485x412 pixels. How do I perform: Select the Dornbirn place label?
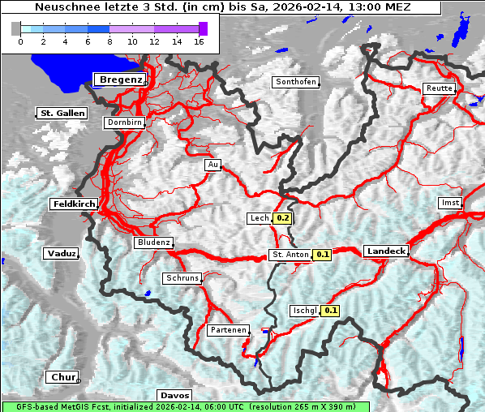[125, 123]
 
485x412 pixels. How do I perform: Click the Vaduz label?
[61, 254]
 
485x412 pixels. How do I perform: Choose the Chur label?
[62, 377]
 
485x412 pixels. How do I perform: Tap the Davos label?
[174, 395]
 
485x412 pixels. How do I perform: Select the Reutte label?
[439, 88]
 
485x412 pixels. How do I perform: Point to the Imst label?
[449, 202]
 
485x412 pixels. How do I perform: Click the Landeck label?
[385, 251]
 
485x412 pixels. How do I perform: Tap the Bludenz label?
[153, 242]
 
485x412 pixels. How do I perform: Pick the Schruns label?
[181, 278]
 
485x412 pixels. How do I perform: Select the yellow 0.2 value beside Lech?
[282, 218]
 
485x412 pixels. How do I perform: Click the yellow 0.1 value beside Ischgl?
[331, 310]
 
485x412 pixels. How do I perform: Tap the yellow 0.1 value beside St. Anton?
[323, 255]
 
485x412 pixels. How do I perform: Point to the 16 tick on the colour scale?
[199, 41]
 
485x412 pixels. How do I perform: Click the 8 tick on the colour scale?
[109, 41]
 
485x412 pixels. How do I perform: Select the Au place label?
[213, 165]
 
